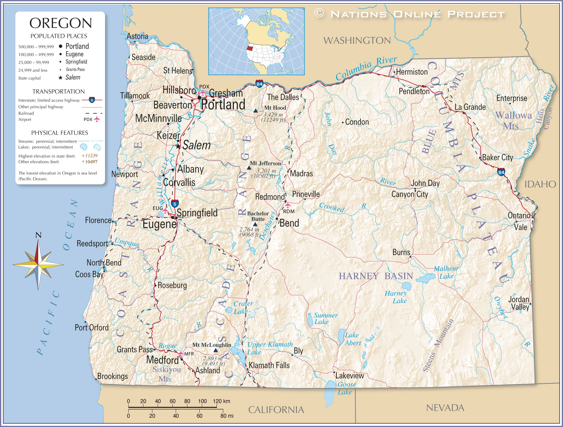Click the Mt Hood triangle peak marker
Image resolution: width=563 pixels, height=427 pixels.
click(255, 111)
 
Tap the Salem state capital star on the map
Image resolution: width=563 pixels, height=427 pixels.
click(178, 146)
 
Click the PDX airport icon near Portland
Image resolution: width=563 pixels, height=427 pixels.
click(203, 93)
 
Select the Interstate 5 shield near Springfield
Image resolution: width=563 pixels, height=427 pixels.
click(175, 204)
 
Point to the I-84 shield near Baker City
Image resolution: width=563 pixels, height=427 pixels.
click(501, 172)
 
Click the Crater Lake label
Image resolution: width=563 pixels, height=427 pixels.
click(243, 307)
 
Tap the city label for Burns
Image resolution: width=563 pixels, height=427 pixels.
click(401, 252)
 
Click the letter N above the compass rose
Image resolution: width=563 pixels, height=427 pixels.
click(38, 235)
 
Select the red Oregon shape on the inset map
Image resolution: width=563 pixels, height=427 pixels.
click(250, 48)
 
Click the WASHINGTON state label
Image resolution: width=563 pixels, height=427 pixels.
click(357, 41)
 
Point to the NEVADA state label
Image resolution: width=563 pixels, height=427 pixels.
click(445, 408)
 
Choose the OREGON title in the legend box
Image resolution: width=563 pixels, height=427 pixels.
click(61, 23)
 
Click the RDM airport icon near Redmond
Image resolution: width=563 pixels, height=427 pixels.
click(287, 205)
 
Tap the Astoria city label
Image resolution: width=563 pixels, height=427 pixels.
click(137, 36)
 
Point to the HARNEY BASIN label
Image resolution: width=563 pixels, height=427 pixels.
click(376, 276)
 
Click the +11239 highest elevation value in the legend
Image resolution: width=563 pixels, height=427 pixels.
click(90, 156)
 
